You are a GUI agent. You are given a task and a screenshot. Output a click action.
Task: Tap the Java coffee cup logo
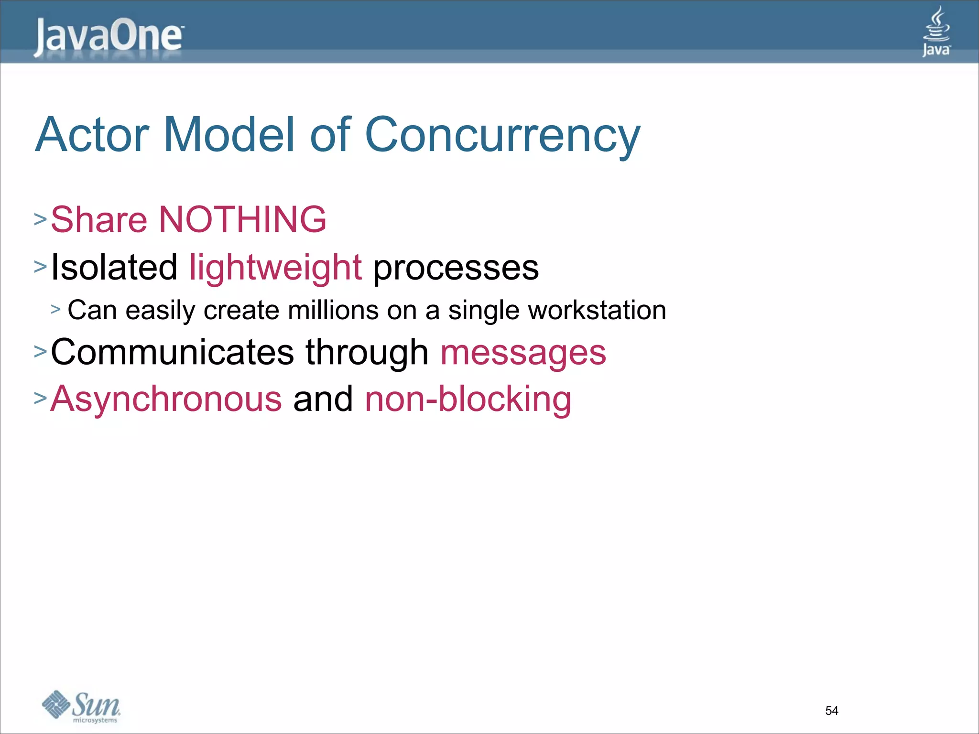[x=936, y=32]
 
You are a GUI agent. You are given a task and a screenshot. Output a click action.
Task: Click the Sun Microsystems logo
[x=81, y=706]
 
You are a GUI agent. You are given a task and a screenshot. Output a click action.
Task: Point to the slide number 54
[x=831, y=711]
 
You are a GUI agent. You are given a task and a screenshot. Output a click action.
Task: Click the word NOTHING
[x=242, y=219]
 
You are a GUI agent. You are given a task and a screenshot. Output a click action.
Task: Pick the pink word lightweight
[x=275, y=268]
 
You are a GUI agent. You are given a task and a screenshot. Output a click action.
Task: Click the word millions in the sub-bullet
[x=333, y=310]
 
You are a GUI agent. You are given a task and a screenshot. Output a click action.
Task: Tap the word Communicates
[x=172, y=352]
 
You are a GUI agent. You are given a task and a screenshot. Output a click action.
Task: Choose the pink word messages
[x=523, y=353]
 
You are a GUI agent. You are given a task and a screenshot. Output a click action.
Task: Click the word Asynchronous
[x=166, y=399]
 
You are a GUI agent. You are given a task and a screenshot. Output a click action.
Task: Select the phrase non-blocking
[x=468, y=399]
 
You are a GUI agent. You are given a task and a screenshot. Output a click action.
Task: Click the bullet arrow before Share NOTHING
[x=40, y=219]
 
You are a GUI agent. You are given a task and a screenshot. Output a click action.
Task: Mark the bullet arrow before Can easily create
[x=56, y=310]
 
